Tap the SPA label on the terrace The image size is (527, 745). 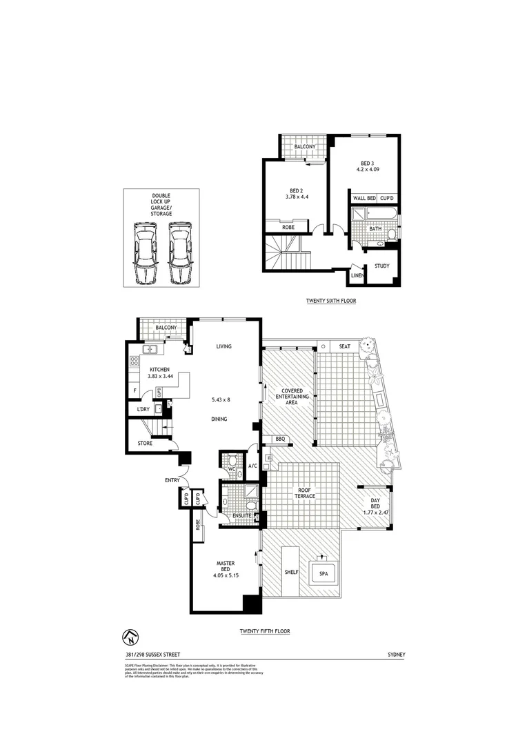tap(324, 573)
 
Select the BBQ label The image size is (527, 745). tap(280, 439)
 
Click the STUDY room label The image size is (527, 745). tap(381, 266)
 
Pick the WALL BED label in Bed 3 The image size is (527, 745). tap(364, 198)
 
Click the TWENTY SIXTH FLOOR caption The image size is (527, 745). tap(331, 301)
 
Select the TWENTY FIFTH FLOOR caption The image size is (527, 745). tap(264, 631)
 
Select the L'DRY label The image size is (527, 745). tap(143, 410)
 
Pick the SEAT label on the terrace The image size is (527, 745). tap(344, 346)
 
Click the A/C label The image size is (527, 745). tap(253, 466)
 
